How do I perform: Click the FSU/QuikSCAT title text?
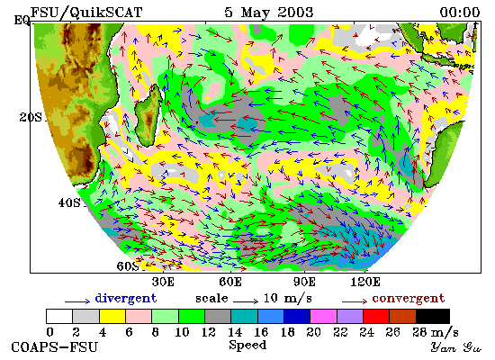click(86, 13)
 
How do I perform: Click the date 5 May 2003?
click(269, 13)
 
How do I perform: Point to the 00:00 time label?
click(460, 13)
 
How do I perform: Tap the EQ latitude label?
click(22, 21)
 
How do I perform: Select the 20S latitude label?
click(31, 117)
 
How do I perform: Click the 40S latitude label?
click(69, 202)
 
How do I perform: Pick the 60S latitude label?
click(128, 265)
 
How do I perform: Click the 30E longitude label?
click(163, 282)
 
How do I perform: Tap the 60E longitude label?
click(230, 282)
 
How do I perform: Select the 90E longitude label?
click(304, 282)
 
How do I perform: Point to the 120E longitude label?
click(365, 282)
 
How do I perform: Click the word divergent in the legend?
click(126, 299)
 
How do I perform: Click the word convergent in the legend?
click(409, 299)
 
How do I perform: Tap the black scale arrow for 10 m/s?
click(246, 301)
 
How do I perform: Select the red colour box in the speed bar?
click(376, 316)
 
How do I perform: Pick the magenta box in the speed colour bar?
click(323, 316)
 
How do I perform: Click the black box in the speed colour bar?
click(433, 316)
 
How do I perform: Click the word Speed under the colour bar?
click(247, 345)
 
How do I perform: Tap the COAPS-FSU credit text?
click(54, 347)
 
